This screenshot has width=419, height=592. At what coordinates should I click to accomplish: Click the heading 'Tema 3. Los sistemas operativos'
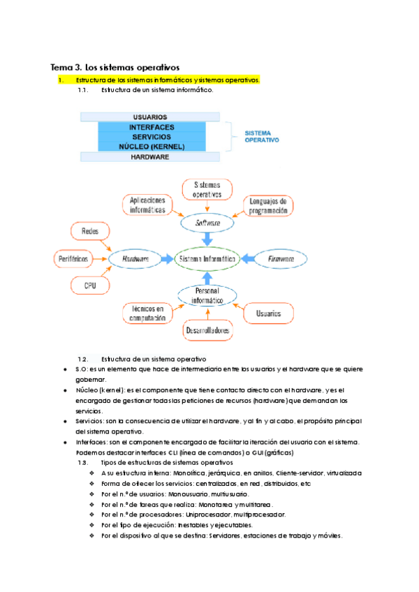(x=115, y=68)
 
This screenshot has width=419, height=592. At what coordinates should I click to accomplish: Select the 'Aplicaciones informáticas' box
(x=148, y=205)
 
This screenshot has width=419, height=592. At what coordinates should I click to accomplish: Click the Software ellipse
(x=207, y=223)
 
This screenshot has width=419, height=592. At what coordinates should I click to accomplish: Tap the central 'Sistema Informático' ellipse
(x=207, y=258)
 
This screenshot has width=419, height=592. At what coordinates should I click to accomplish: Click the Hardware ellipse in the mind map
(x=136, y=258)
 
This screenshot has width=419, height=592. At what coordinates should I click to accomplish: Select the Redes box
(x=90, y=230)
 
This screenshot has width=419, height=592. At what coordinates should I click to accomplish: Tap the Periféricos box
(x=72, y=258)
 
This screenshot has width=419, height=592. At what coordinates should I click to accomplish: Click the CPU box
(x=90, y=285)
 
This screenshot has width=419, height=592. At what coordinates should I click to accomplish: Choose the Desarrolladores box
(x=207, y=331)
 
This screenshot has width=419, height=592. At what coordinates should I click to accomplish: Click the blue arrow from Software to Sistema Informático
(x=207, y=239)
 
